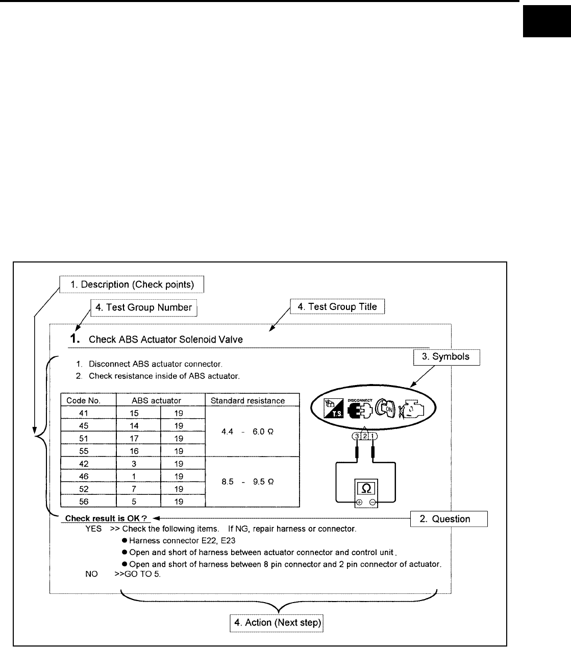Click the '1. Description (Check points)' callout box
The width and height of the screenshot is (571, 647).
point(132,284)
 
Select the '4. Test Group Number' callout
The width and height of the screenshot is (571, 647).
point(144,307)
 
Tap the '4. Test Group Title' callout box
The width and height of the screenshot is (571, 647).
point(337,307)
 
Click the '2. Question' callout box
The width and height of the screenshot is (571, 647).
point(449,519)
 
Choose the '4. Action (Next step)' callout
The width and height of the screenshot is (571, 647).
point(278,622)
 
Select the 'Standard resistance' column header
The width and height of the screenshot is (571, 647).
point(247,401)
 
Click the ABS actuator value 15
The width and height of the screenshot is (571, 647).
point(139,413)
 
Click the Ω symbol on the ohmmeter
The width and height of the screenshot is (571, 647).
point(366,489)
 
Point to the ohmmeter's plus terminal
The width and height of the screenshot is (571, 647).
point(359,502)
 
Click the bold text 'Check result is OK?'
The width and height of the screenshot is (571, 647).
point(106,519)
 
